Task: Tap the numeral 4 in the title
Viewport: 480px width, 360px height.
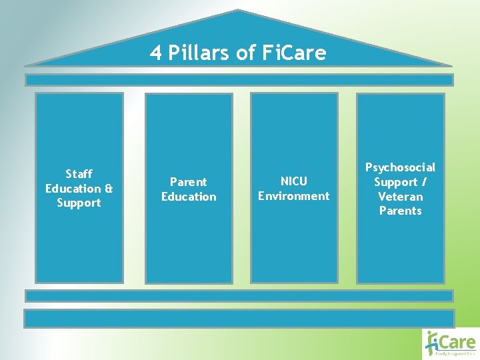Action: click(x=156, y=53)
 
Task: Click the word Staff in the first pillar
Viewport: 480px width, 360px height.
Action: click(x=79, y=174)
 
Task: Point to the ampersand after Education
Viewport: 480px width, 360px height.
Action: click(x=109, y=189)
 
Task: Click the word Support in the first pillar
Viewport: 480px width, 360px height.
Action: click(x=79, y=203)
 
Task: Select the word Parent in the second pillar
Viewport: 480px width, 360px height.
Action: click(x=189, y=181)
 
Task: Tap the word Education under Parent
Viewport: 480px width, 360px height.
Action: click(x=189, y=196)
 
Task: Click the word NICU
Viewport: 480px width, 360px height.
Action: click(x=294, y=181)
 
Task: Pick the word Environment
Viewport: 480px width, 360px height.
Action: click(x=294, y=195)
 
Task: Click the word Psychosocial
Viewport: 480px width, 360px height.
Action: click(x=400, y=167)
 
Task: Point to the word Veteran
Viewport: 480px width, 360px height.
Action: click(x=400, y=196)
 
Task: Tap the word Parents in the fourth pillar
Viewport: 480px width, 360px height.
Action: click(x=400, y=211)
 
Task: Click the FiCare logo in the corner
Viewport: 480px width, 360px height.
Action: click(x=451, y=343)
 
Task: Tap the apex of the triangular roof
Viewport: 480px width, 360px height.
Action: click(x=238, y=11)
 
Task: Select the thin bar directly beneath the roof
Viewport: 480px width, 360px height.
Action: click(x=239, y=80)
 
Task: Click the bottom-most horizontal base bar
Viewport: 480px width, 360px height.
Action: click(x=239, y=318)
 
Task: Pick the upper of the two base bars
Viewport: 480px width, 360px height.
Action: click(x=239, y=295)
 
